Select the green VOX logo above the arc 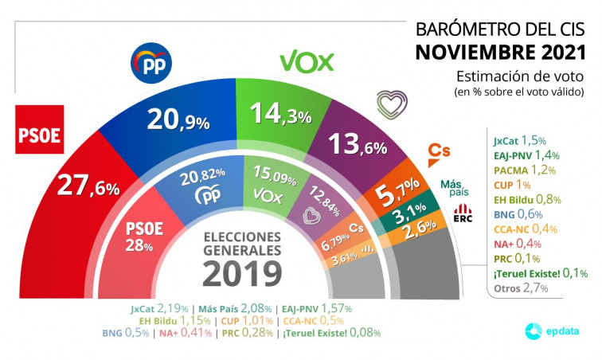click(307, 61)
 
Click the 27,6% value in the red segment click(88, 186)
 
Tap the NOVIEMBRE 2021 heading click(500, 53)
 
